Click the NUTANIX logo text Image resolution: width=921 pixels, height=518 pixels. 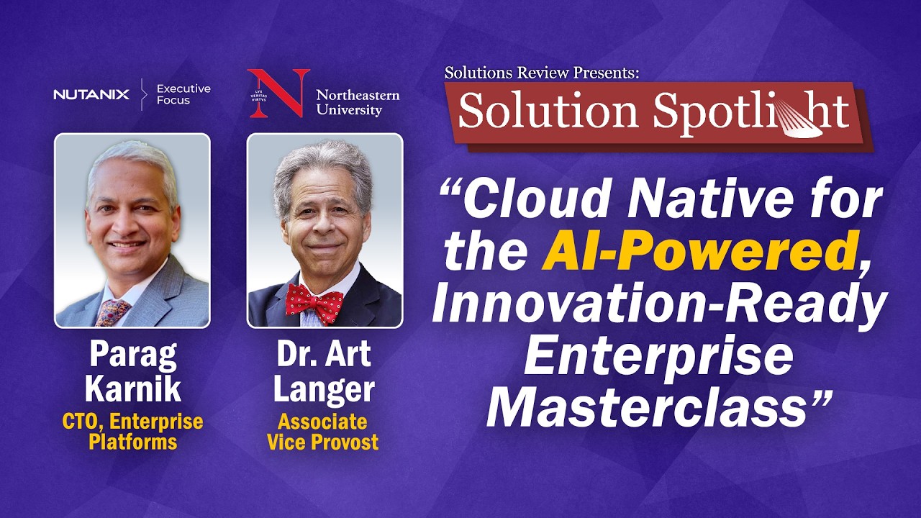tap(91, 94)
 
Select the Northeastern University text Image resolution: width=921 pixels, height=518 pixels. tap(357, 102)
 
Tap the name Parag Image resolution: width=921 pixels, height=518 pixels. tap(132, 355)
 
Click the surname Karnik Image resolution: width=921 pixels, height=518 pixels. tap(132, 389)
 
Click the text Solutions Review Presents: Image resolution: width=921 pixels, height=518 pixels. tap(541, 73)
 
